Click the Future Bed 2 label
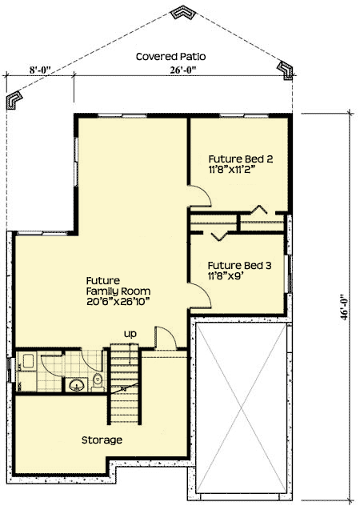click(x=241, y=159)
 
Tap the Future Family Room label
click(x=118, y=287)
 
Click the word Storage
click(x=102, y=440)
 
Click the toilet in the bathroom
click(x=97, y=380)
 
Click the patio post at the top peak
click(x=183, y=14)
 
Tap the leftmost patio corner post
click(x=14, y=100)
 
